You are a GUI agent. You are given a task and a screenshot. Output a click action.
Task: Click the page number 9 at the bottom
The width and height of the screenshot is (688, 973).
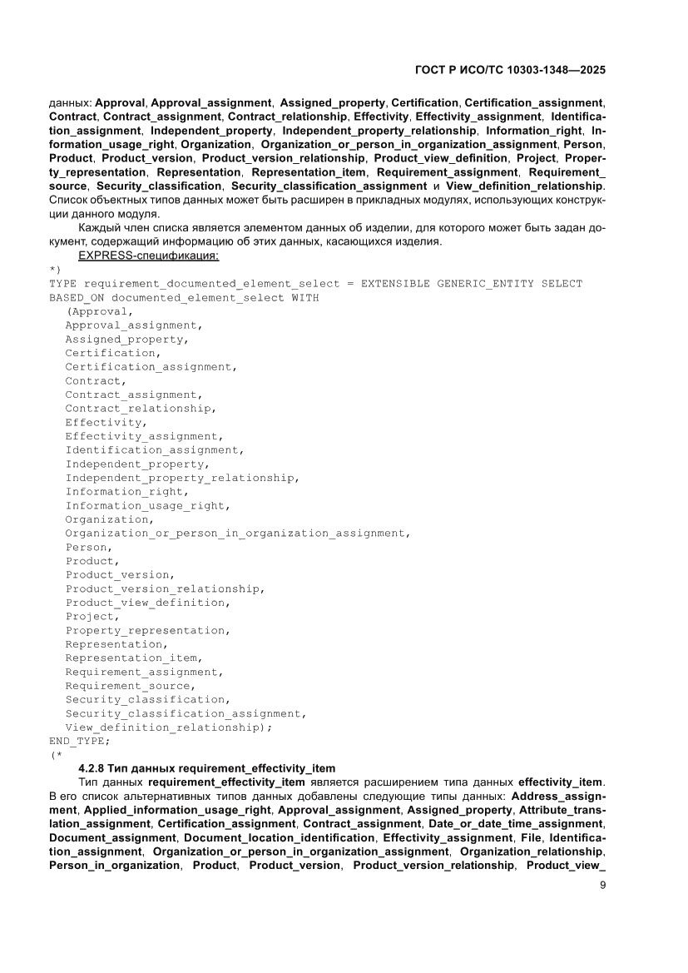tap(602, 885)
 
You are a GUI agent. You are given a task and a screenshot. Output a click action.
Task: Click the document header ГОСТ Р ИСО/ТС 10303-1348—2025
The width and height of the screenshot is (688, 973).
tap(508, 71)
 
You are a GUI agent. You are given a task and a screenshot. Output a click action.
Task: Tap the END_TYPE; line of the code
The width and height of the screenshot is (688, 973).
tap(79, 741)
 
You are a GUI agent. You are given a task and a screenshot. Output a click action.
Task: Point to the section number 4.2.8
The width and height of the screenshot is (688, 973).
tap(93, 768)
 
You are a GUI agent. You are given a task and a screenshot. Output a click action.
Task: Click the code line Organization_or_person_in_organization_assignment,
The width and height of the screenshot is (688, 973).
tap(238, 534)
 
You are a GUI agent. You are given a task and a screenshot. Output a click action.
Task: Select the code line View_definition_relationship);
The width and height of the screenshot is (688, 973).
tap(169, 727)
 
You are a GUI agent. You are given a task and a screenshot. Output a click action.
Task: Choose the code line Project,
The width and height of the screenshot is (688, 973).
tap(92, 617)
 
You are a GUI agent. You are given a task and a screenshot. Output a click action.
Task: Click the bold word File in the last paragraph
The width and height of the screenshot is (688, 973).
tap(531, 838)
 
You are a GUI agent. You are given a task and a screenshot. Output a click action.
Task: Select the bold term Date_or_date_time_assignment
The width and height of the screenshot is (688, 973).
tap(515, 824)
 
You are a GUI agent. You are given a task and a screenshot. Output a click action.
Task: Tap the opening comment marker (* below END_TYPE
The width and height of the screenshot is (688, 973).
tap(56, 755)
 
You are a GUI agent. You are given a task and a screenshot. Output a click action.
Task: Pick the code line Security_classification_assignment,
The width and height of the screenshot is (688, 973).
tap(186, 713)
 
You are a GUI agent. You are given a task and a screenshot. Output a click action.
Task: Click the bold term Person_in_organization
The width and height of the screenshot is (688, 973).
tap(115, 866)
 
